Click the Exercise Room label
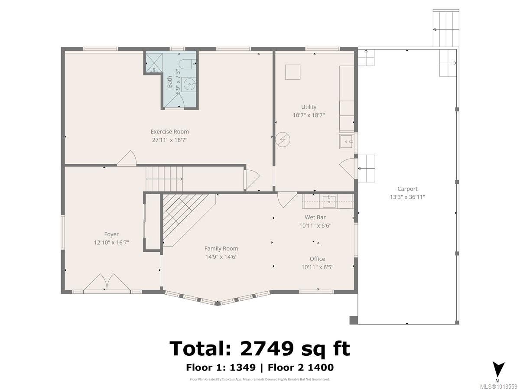tap(169, 131)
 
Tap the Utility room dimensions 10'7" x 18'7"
tap(309, 115)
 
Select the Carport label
tap(407, 189)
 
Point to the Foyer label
tap(111, 234)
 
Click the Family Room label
tap(221, 248)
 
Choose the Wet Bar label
tap(315, 217)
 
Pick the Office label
tap(317, 259)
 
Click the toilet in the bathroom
tap(187, 64)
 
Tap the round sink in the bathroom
tap(189, 84)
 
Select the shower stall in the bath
tap(154, 63)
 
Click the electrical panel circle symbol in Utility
tap(283, 140)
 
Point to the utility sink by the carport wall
tap(347, 141)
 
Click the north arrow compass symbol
tap(498, 370)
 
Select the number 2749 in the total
tap(267, 348)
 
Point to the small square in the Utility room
tap(292, 72)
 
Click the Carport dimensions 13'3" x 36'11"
tap(407, 197)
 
